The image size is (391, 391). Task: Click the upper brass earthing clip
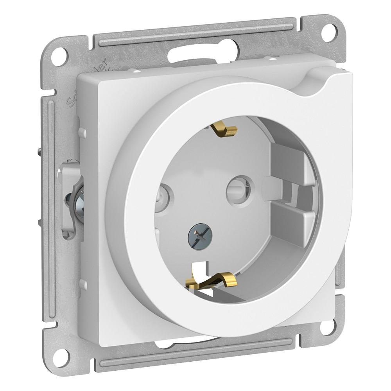[x=224, y=129]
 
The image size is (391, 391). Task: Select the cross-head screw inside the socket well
[x=200, y=236]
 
